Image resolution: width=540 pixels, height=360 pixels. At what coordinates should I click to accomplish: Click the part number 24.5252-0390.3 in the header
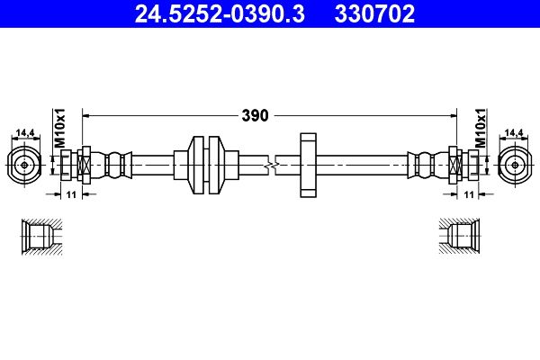click(x=220, y=13)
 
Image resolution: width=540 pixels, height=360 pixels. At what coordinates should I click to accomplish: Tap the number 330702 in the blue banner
click(x=374, y=13)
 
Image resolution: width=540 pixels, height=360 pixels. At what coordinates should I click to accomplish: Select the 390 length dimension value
click(x=255, y=116)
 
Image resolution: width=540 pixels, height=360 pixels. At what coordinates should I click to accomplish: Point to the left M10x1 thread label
click(x=58, y=128)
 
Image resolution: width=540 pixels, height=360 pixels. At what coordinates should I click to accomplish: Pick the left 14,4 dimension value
click(x=25, y=132)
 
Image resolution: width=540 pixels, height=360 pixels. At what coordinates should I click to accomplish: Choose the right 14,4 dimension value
click(x=514, y=132)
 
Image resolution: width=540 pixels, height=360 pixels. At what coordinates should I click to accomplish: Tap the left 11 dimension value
click(x=71, y=195)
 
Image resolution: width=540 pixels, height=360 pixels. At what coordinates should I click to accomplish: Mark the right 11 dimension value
click(x=469, y=195)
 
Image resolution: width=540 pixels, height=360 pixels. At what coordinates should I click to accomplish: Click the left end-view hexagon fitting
click(x=24, y=165)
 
